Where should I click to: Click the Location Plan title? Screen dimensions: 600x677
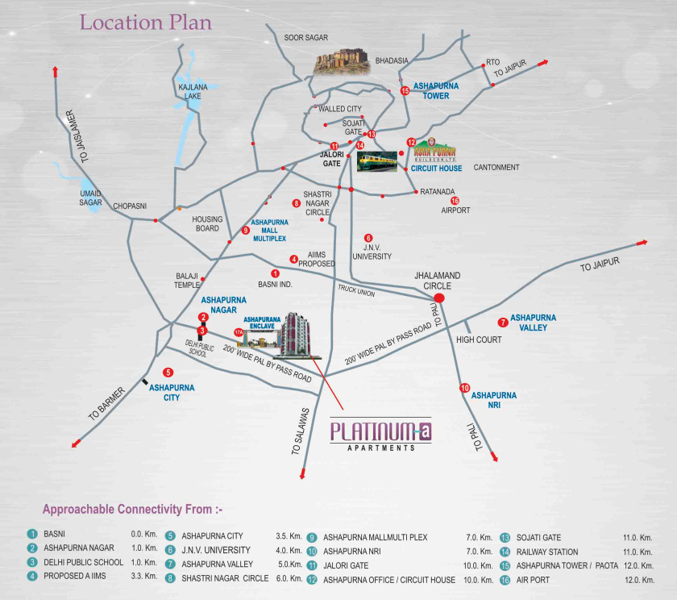(145, 23)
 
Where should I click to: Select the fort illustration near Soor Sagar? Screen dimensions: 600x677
(343, 61)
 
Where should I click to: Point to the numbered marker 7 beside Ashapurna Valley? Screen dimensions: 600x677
(502, 322)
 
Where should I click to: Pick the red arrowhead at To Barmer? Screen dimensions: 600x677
(76, 443)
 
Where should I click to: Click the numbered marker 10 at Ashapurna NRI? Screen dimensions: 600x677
(464, 389)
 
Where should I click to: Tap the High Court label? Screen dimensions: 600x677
(480, 340)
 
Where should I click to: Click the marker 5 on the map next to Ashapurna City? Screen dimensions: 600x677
(168, 373)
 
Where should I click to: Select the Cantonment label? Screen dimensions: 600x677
(496, 167)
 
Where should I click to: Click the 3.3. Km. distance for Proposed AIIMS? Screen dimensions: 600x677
(143, 576)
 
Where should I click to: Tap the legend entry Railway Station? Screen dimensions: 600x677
(547, 552)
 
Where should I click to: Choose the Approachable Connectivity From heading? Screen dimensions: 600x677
(132, 510)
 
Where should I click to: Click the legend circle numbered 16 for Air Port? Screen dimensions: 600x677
(505, 580)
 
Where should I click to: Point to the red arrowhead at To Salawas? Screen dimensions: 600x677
(301, 477)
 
